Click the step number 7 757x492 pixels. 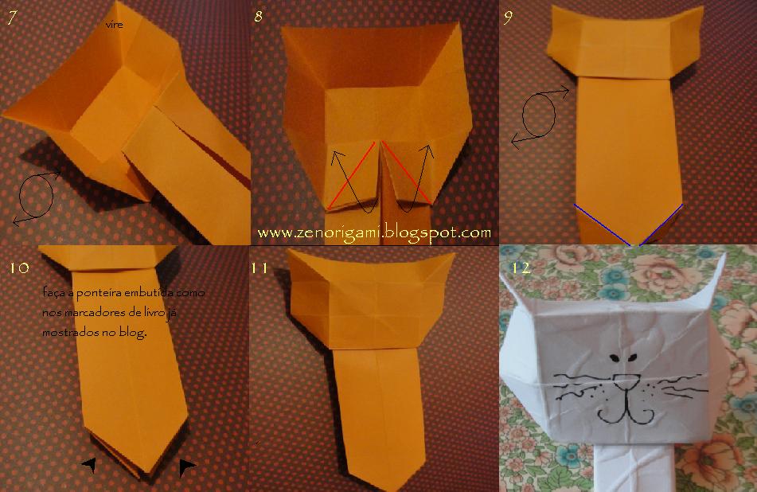[10, 18]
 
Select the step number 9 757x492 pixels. [508, 18]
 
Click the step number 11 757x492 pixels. [259, 268]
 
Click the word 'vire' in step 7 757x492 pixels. [113, 25]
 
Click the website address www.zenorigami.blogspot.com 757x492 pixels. [374, 232]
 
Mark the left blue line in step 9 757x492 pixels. [603, 225]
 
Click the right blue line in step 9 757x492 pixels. [660, 224]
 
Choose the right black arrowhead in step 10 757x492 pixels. [187, 467]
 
